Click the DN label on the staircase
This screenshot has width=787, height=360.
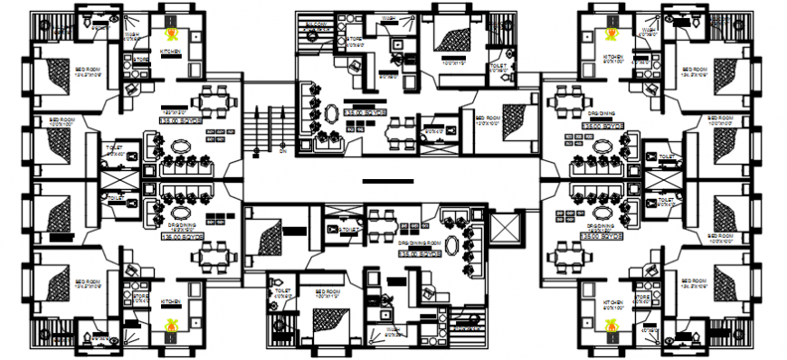tap(282, 151)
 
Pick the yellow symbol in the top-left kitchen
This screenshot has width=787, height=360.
tap(172, 34)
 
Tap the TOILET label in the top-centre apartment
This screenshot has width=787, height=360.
tap(497, 65)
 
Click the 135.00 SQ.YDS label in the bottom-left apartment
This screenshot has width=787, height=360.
tap(177, 237)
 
